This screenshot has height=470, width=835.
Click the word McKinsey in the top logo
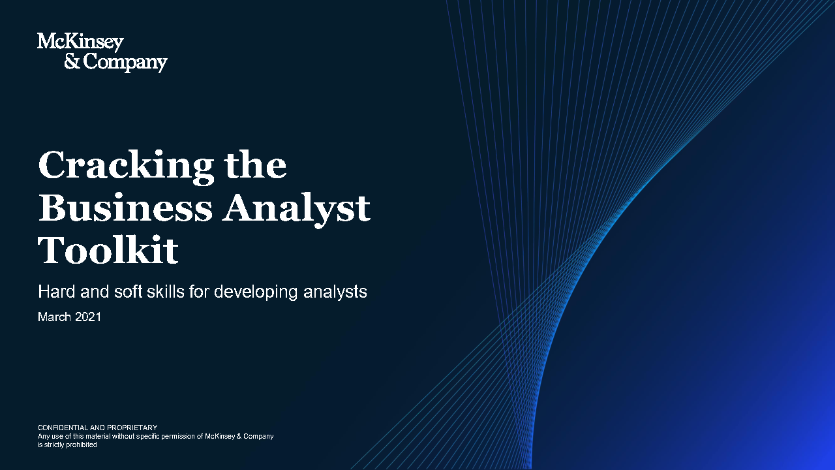(x=80, y=42)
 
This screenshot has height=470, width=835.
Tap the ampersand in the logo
(x=72, y=61)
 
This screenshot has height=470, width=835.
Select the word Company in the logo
(x=125, y=63)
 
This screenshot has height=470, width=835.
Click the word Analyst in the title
(x=296, y=210)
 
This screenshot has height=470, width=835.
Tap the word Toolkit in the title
(x=108, y=249)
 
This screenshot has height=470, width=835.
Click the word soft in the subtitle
(x=129, y=291)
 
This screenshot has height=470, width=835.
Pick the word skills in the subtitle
(x=166, y=291)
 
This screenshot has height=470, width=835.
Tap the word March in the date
(x=54, y=317)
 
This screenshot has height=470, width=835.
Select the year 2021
(x=88, y=317)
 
